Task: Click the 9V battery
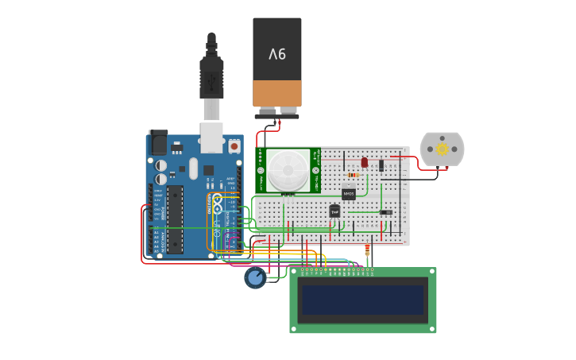point(277,64)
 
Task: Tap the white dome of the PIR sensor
point(287,169)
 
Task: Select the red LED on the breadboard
point(365,162)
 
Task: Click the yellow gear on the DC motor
point(441,149)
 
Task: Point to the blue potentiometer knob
point(255,277)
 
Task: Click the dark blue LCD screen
point(362,300)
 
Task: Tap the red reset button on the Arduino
point(234,146)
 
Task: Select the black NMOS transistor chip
point(349,194)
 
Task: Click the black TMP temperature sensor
point(334,211)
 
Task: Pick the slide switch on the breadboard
point(385,212)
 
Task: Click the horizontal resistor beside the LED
point(352,175)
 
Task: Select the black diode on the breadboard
point(381,165)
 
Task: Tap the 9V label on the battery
point(277,54)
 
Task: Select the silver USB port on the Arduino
point(211,137)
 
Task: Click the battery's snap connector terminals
point(277,112)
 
